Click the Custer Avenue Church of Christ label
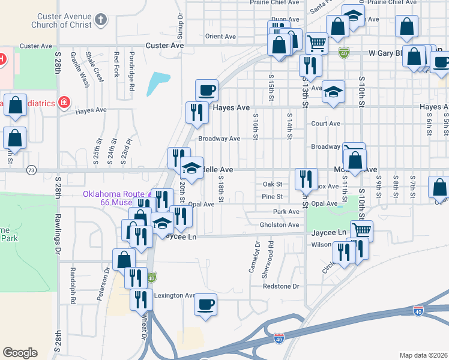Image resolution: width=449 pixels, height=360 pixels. coord(64,21)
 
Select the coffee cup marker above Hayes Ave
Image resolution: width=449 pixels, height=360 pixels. coord(206,91)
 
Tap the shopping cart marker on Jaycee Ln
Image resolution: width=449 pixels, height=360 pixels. coord(361,230)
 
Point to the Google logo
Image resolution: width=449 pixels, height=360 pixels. coord(20,353)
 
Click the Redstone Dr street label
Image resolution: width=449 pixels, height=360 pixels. coord(281,287)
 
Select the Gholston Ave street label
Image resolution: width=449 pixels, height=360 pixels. coord(279,225)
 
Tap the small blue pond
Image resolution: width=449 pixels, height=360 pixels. coord(157,83)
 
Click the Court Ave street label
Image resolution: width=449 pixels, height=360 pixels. coord(326,124)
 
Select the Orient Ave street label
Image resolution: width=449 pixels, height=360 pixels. coord(220,37)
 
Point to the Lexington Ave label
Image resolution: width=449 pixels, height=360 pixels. coord(174,296)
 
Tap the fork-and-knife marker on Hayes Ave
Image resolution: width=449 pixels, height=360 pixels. coord(196,112)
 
